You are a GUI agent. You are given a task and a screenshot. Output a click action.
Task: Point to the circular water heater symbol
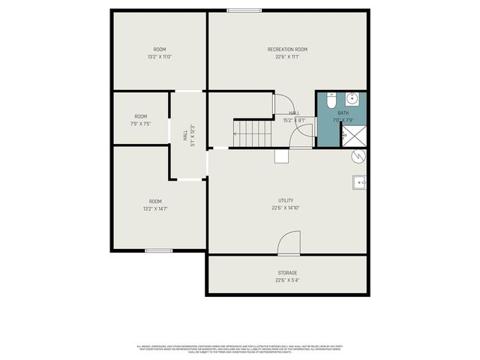pos(358,155)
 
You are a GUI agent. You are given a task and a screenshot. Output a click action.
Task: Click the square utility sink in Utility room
pos(359,182)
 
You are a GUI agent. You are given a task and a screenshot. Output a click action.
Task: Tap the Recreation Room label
pos(287,49)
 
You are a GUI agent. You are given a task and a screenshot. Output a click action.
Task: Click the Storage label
pos(287,273)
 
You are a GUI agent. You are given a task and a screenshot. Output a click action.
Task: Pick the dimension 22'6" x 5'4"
pos(287,280)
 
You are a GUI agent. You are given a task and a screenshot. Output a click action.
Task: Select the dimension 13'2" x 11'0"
pos(159,57)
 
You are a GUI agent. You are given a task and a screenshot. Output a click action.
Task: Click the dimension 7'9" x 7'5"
pos(140,124)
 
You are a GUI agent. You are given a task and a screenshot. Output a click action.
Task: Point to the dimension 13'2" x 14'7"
pos(155,209)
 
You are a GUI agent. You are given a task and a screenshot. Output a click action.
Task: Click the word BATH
pos(343,112)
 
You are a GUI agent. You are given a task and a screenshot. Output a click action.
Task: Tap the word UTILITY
pos(286,201)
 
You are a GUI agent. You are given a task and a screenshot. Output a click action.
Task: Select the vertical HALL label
pos(185,136)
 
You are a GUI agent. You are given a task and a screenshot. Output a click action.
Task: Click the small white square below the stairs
pos(281,155)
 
